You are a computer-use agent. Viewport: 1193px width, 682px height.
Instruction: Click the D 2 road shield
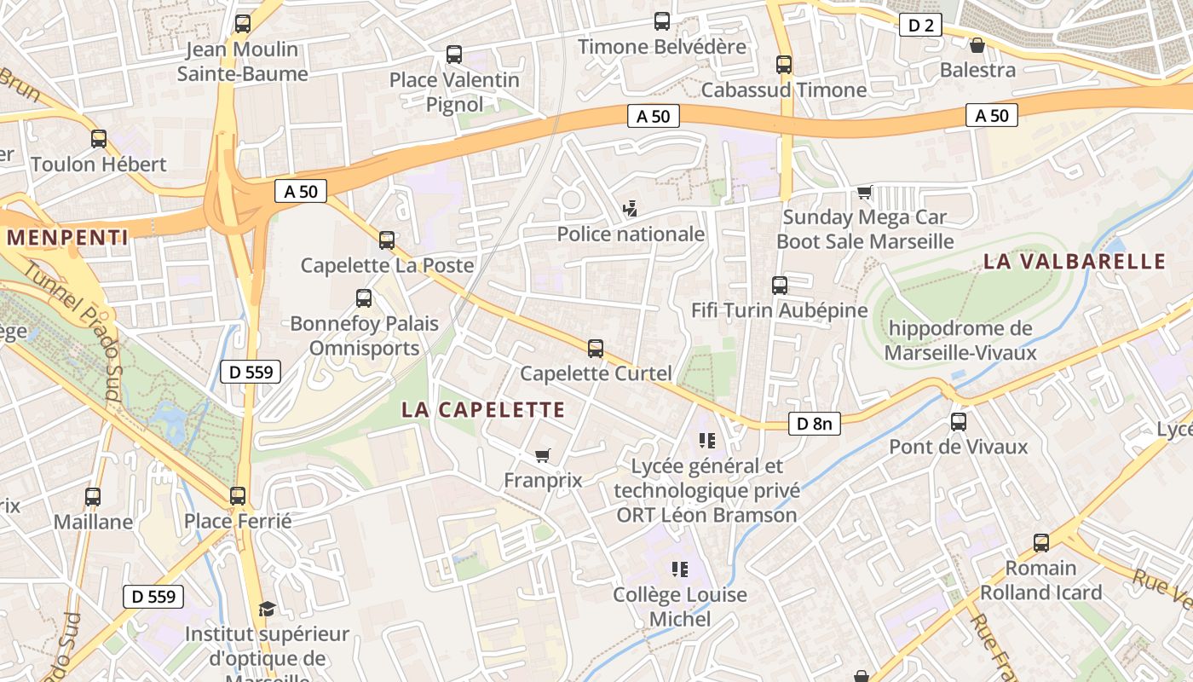coord(920,26)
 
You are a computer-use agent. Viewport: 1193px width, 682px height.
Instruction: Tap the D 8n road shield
coord(814,423)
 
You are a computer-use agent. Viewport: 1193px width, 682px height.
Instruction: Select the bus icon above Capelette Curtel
coord(596,348)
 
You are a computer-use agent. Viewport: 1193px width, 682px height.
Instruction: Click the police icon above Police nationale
coord(631,207)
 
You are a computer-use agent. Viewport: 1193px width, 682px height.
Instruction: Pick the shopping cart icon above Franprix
coord(542,455)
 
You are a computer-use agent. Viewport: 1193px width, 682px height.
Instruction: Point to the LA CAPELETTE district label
coord(483,410)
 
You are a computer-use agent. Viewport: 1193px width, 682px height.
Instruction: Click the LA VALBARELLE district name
coord(1075,262)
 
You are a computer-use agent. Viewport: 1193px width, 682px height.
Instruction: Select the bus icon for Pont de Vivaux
coord(959,421)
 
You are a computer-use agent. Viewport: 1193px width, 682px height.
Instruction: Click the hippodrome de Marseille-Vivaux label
coord(960,340)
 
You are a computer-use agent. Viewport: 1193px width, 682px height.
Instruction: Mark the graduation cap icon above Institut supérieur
coord(268,609)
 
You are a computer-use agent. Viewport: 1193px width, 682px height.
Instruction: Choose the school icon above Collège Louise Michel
coord(679,569)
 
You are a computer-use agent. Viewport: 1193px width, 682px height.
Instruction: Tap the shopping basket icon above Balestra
coord(977,44)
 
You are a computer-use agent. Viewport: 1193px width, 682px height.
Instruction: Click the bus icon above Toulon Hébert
coord(99,138)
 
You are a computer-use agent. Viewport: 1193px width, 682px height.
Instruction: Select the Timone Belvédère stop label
coord(662,47)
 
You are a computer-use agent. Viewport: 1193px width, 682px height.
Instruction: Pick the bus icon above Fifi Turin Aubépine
coord(779,285)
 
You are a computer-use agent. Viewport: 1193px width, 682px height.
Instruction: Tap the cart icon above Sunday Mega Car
coord(865,192)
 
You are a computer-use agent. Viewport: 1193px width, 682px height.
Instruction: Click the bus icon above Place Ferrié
coord(238,495)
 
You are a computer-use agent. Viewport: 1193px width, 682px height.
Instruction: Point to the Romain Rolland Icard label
coord(1040,580)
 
